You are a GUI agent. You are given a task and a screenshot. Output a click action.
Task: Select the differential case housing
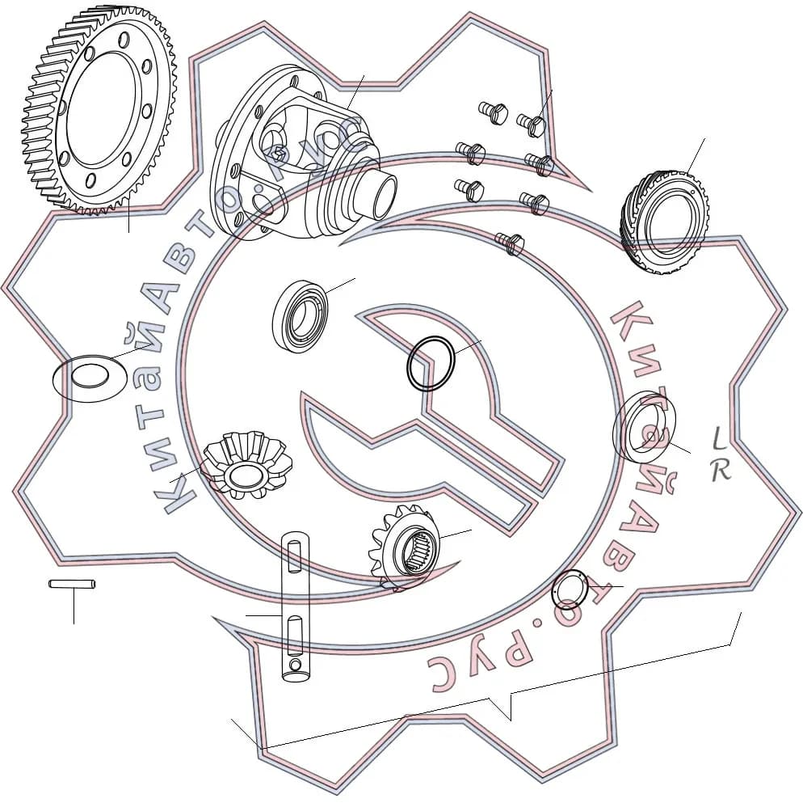tap(303, 154)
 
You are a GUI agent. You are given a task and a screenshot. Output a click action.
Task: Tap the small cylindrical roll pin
tap(72, 584)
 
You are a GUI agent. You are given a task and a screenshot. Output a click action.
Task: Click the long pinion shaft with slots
tap(296, 607)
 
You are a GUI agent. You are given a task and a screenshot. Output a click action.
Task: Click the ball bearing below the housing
tap(301, 316)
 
